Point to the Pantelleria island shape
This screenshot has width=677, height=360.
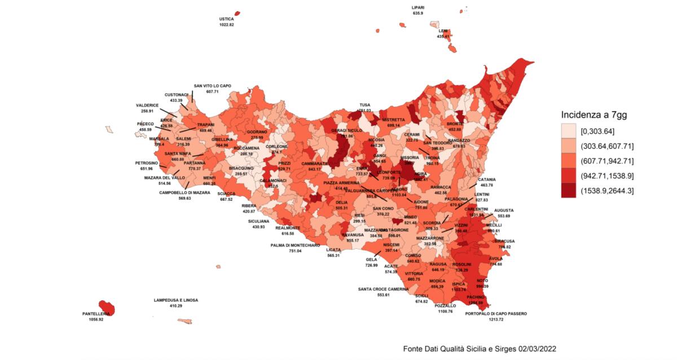107,308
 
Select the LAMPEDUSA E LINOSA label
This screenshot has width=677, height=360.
176,300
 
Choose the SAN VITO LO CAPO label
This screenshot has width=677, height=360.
212,86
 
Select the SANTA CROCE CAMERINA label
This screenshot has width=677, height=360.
384,289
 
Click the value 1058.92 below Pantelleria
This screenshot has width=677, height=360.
93,319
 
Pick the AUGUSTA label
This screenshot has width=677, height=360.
504,210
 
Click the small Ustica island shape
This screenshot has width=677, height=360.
237,13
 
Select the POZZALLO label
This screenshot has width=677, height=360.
445,305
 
